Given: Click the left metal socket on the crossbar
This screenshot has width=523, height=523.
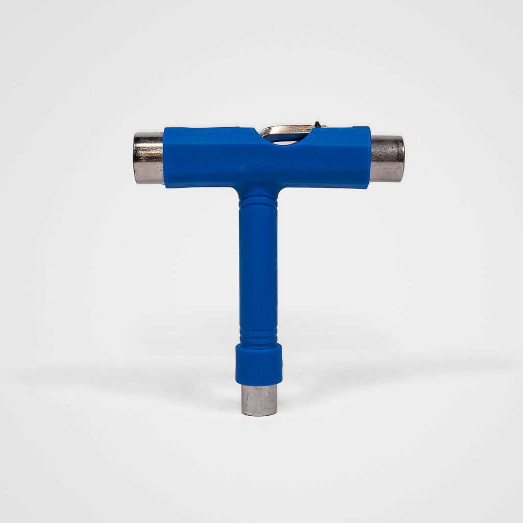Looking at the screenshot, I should point(148,158).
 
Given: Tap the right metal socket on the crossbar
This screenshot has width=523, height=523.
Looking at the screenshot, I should point(387,159).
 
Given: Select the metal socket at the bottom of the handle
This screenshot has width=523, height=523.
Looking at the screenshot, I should point(259,400).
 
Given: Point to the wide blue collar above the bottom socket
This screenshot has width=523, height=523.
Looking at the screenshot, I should point(258,364).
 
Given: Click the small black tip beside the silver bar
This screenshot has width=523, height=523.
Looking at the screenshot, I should point(318,124).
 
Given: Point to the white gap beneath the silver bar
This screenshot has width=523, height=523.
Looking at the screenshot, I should point(287,140).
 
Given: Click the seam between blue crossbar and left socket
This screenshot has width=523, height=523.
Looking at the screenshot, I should point(163,158).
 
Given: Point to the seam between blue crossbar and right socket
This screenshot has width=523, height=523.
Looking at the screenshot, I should point(370,159).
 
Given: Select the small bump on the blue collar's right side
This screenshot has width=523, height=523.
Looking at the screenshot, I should point(282,364).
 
